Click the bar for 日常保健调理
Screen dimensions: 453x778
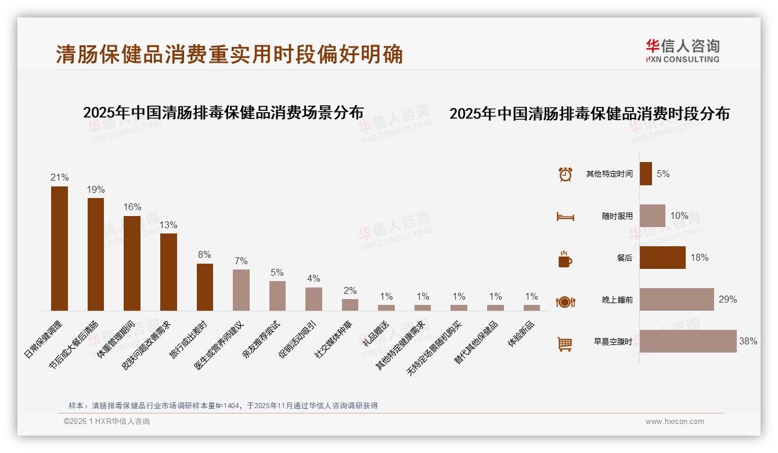(x=59, y=249)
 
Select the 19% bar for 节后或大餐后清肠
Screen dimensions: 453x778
(x=96, y=254)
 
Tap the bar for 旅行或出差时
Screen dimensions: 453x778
(x=205, y=287)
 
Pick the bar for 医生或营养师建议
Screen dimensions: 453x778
(x=241, y=290)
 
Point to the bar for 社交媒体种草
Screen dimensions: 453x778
(x=350, y=305)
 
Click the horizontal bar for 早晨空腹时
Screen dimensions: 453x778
(x=688, y=341)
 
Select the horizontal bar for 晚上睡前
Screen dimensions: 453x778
(x=676, y=300)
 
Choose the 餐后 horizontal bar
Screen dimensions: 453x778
(x=662, y=258)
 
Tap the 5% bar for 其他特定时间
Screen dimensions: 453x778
(x=646, y=174)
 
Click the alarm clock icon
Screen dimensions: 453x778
(x=566, y=174)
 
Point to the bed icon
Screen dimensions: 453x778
(x=566, y=217)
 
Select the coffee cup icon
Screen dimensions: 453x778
(x=565, y=259)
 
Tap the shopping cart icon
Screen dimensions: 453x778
(x=565, y=344)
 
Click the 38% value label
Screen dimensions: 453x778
(x=748, y=341)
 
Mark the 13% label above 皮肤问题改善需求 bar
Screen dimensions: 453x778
(x=168, y=225)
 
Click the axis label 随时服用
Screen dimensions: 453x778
(x=617, y=216)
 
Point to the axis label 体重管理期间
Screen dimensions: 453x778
(x=116, y=340)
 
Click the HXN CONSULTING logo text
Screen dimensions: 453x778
(x=683, y=59)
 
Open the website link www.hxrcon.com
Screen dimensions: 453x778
(x=675, y=422)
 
